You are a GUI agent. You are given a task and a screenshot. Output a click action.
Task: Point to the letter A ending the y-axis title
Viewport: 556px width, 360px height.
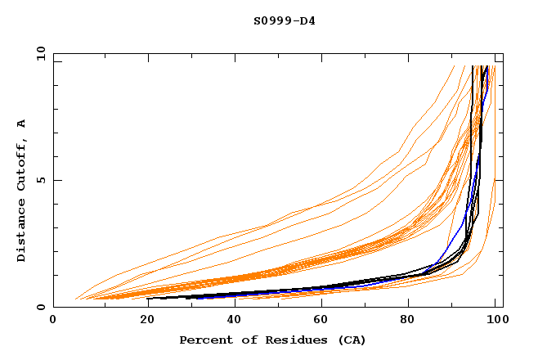coord(22,124)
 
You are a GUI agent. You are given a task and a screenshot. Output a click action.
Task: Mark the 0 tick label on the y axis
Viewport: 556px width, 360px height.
coord(41,308)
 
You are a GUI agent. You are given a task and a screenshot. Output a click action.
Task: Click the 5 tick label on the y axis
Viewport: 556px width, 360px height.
coord(41,180)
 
